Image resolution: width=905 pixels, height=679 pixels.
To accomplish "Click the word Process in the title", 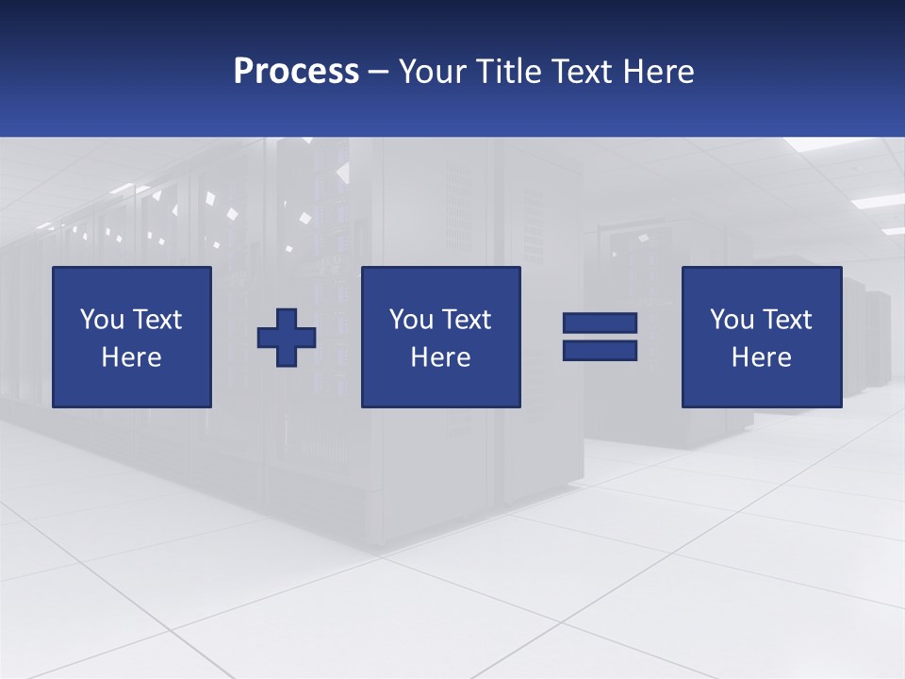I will coord(296,72).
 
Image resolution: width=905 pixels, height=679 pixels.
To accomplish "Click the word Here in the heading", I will coord(659,72).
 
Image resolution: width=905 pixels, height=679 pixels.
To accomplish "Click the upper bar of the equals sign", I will coord(600,323).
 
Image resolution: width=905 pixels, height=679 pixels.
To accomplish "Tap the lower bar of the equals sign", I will coord(600,350).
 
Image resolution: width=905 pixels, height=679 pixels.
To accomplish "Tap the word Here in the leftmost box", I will coord(132,357).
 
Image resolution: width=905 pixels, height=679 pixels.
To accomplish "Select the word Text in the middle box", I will coord(467,320).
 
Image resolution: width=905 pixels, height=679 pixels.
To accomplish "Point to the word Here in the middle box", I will coord(440,357).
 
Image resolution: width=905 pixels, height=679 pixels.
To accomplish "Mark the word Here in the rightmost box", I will coord(762,357).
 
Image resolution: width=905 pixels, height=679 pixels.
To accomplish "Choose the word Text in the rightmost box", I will coord(787,320).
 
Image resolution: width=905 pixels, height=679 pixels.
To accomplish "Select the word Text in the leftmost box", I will coord(157,320).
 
